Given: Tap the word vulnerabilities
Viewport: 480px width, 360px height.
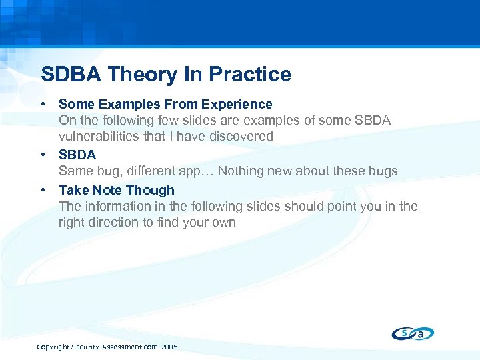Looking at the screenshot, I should click(x=99, y=136).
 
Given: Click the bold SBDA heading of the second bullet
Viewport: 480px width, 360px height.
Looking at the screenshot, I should click(x=77, y=155).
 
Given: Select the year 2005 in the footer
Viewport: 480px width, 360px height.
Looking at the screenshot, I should click(x=169, y=347).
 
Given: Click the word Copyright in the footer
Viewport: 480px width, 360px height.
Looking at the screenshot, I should click(x=53, y=347).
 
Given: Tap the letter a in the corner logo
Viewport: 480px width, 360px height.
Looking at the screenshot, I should click(x=421, y=334).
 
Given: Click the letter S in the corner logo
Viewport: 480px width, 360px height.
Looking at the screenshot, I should click(x=405, y=332).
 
